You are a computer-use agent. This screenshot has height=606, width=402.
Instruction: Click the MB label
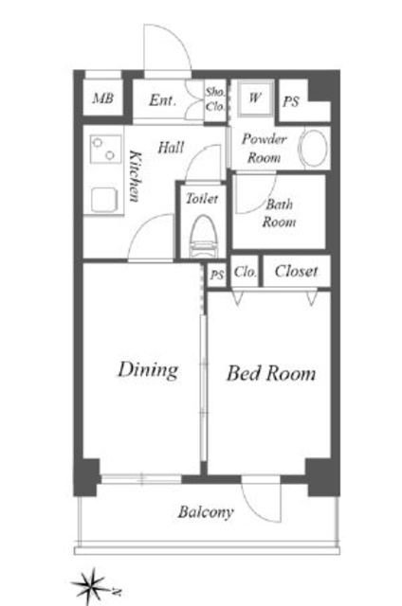pos(103,98)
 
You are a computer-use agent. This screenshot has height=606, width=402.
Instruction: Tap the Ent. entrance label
pos(163,100)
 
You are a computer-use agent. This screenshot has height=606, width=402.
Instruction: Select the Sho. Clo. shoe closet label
pos(215,98)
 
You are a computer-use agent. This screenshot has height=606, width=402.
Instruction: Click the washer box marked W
pos(256,98)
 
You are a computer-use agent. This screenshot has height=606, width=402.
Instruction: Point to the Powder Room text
pos(265,149)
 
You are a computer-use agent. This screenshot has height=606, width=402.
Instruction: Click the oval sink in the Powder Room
pos(313,149)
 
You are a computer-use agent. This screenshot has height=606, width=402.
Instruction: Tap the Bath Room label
pos(279,213)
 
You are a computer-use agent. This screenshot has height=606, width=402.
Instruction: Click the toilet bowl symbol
pos(203,237)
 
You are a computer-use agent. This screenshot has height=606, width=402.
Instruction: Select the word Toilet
pos(202,198)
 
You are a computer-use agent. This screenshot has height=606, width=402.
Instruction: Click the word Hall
pos(171,148)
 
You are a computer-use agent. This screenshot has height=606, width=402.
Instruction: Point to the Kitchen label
pos(135,176)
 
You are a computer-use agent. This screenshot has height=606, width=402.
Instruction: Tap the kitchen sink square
pos(103,200)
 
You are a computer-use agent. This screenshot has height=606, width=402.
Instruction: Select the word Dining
pos(148,369)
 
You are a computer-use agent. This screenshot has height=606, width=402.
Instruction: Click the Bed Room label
pos(271,373)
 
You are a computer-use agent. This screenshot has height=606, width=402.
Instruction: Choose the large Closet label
pos(296,272)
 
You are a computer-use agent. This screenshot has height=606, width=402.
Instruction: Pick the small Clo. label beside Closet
pos(245,272)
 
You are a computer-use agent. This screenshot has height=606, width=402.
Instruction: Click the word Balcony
pos(206,512)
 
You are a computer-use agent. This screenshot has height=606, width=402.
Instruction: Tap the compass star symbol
pos(92,586)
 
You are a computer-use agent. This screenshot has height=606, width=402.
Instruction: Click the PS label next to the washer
pos(291,101)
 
